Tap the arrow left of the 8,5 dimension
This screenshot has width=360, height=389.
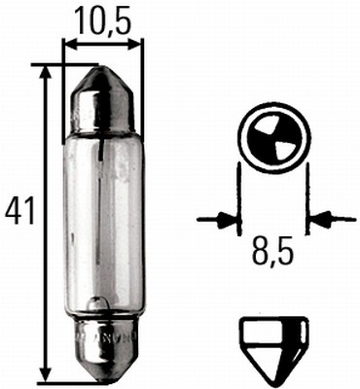220,220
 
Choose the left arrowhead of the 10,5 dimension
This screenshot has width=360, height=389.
69,44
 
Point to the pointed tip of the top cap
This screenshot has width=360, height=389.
102,69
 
